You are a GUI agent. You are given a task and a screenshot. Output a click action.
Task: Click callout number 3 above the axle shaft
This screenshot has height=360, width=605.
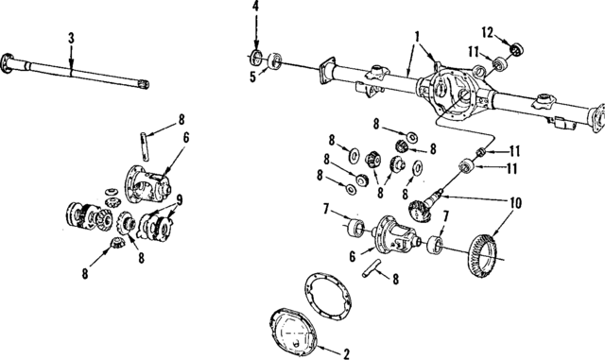[x=71, y=40]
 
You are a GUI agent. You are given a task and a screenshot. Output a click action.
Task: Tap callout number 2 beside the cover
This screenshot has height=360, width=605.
[x=346, y=353]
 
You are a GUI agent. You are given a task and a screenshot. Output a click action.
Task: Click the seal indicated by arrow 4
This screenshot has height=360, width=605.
[x=256, y=54]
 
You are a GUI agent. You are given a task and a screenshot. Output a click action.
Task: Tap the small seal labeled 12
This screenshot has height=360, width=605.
[x=516, y=48]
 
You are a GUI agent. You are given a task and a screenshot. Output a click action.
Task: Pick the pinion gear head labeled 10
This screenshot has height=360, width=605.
[x=415, y=209]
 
